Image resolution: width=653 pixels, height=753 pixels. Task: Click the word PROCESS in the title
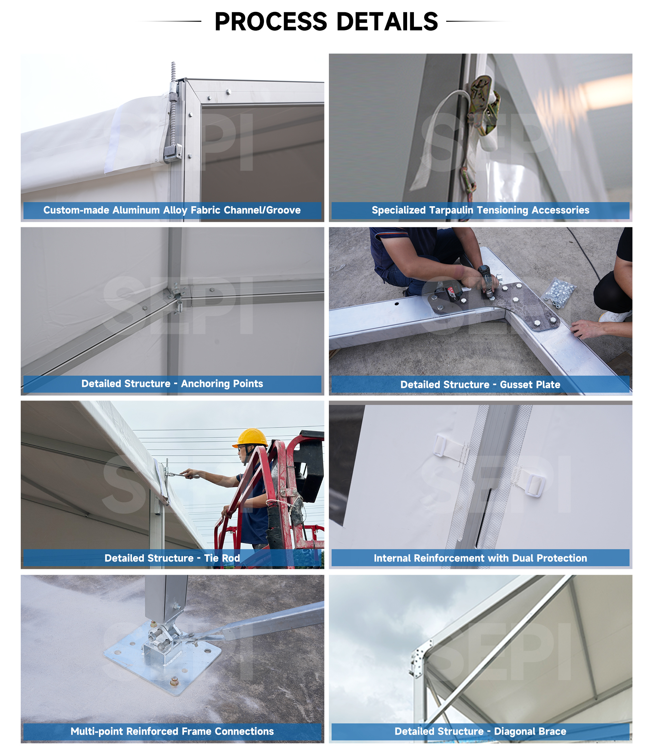tap(271, 21)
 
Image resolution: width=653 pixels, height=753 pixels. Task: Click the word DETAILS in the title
tap(387, 21)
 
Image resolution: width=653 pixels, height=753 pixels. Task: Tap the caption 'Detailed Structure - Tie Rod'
tap(172, 558)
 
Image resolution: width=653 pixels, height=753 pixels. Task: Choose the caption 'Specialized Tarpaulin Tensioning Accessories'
tap(480, 210)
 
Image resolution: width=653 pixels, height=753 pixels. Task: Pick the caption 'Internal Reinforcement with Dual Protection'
tap(480, 558)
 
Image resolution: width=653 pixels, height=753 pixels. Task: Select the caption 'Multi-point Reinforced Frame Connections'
tap(172, 731)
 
